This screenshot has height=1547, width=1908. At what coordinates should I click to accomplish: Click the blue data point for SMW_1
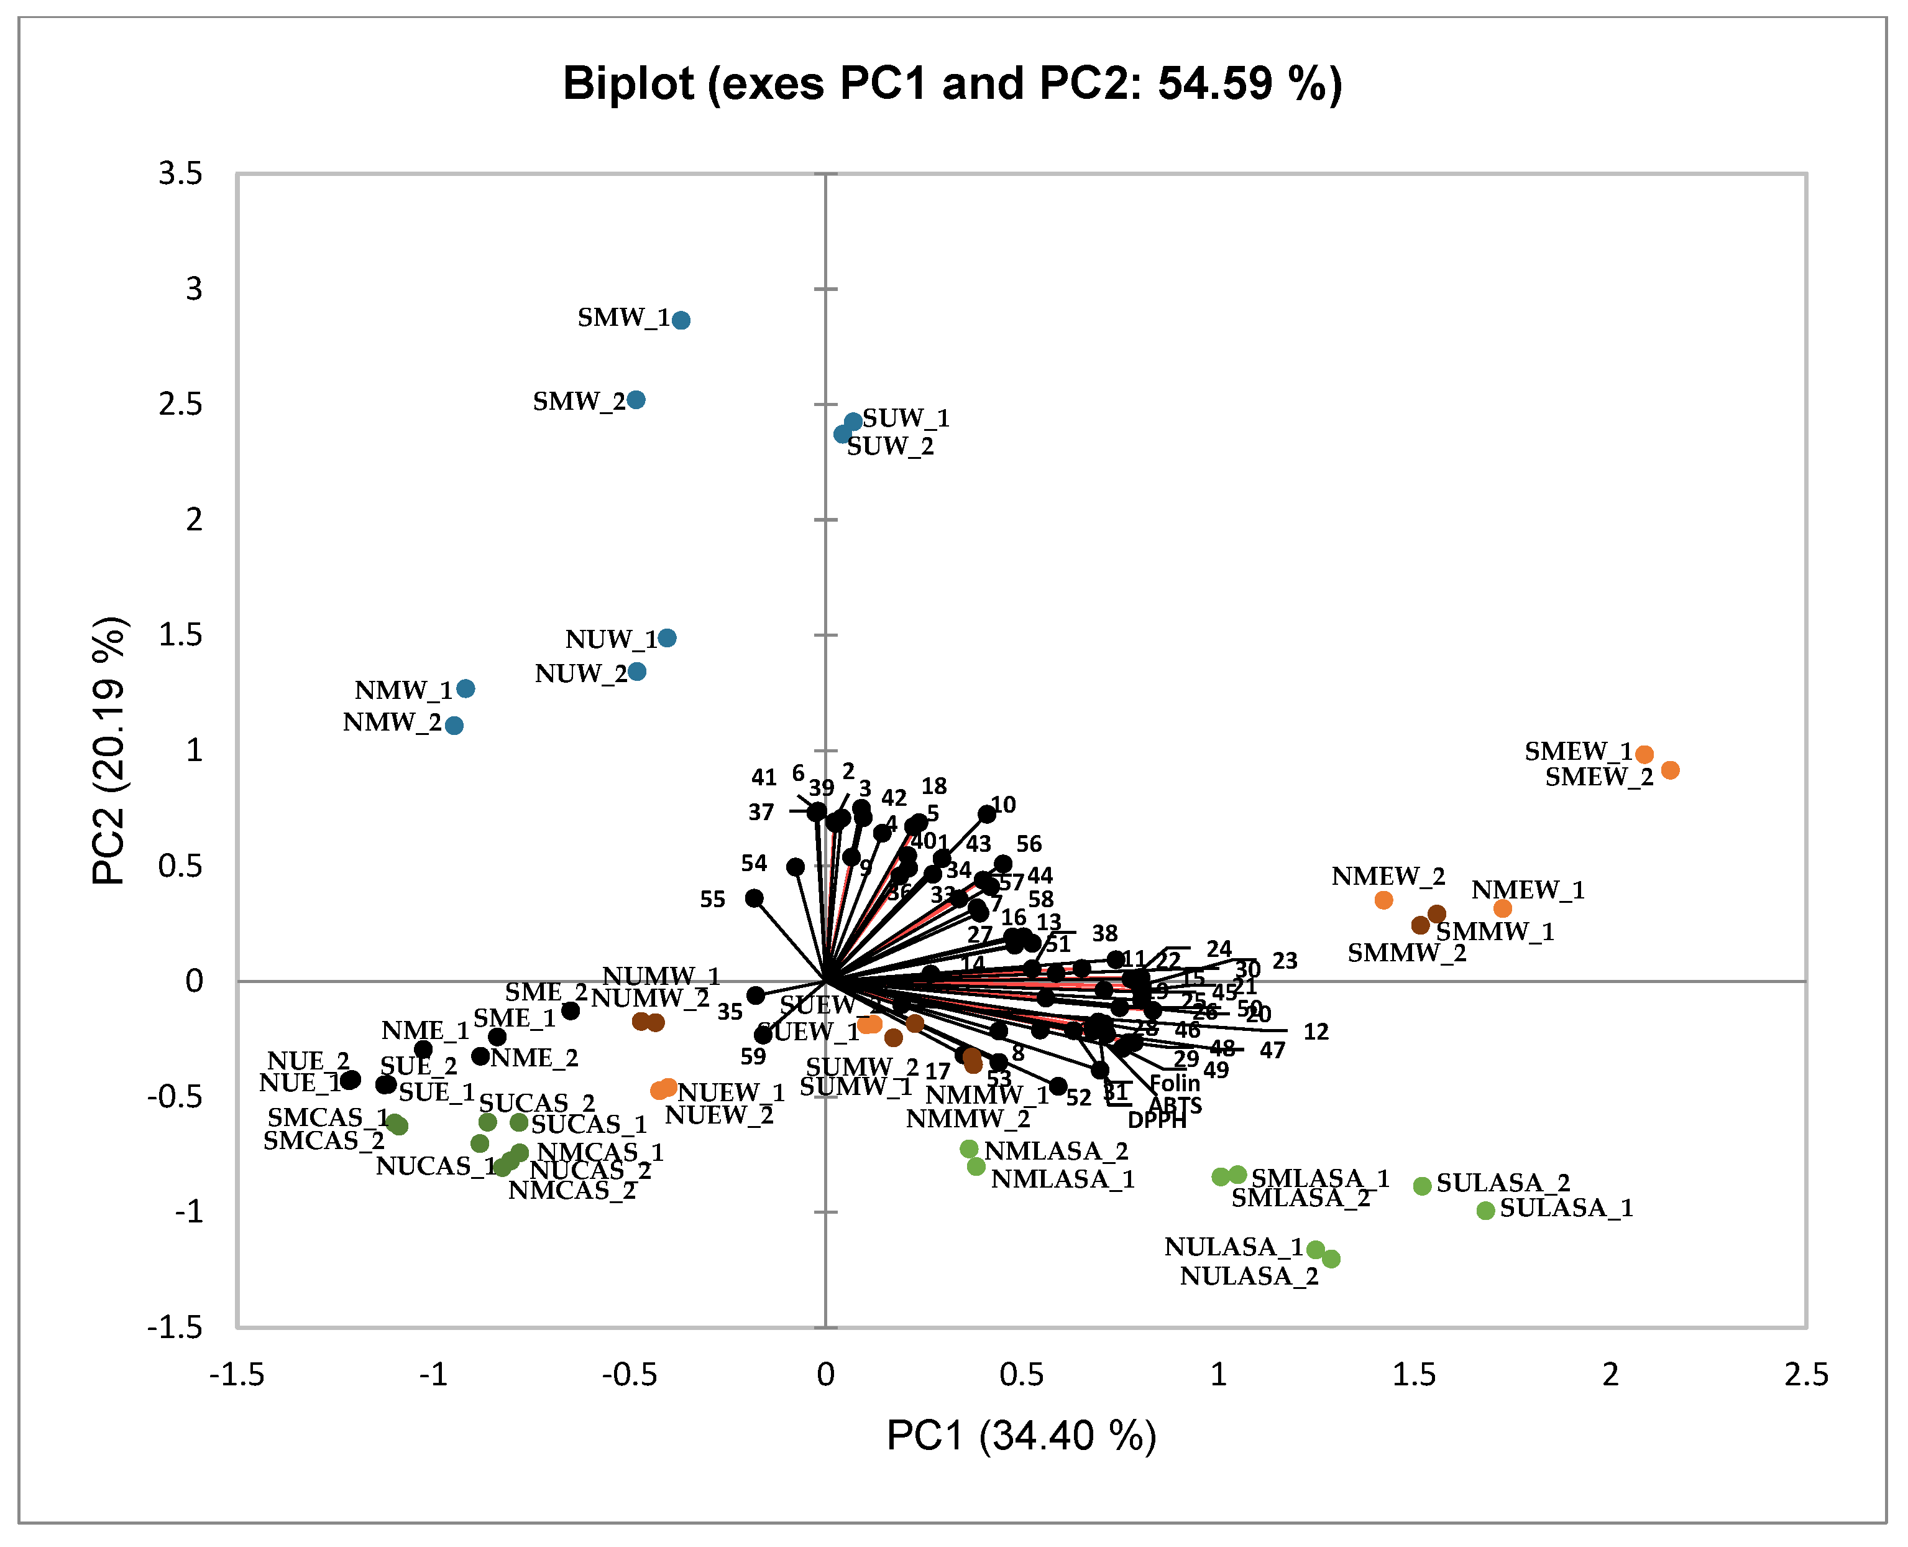pos(681,321)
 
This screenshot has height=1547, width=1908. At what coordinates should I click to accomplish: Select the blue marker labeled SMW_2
pos(636,400)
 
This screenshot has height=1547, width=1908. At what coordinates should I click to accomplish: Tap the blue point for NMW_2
pos(454,726)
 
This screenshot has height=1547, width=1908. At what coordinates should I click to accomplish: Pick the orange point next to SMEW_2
pos(1670,770)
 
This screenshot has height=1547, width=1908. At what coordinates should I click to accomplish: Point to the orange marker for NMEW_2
pos(1383,900)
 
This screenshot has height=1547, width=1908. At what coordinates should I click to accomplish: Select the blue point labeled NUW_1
pos(667,638)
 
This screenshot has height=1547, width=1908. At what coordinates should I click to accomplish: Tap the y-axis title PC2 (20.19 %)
pos(111,750)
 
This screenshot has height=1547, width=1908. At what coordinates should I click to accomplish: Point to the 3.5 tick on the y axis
pos(181,173)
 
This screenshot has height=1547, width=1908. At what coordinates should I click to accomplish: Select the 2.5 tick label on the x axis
pos(1805,1375)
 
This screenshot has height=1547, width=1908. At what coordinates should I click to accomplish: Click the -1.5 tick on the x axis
pos(237,1375)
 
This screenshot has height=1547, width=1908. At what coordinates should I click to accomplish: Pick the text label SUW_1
pos(906,418)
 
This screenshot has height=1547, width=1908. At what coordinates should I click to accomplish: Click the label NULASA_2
pos(1249,1276)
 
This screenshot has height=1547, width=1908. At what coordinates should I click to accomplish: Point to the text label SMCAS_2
pos(323,1140)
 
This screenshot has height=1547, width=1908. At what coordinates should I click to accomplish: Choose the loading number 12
pos(1316,1032)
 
